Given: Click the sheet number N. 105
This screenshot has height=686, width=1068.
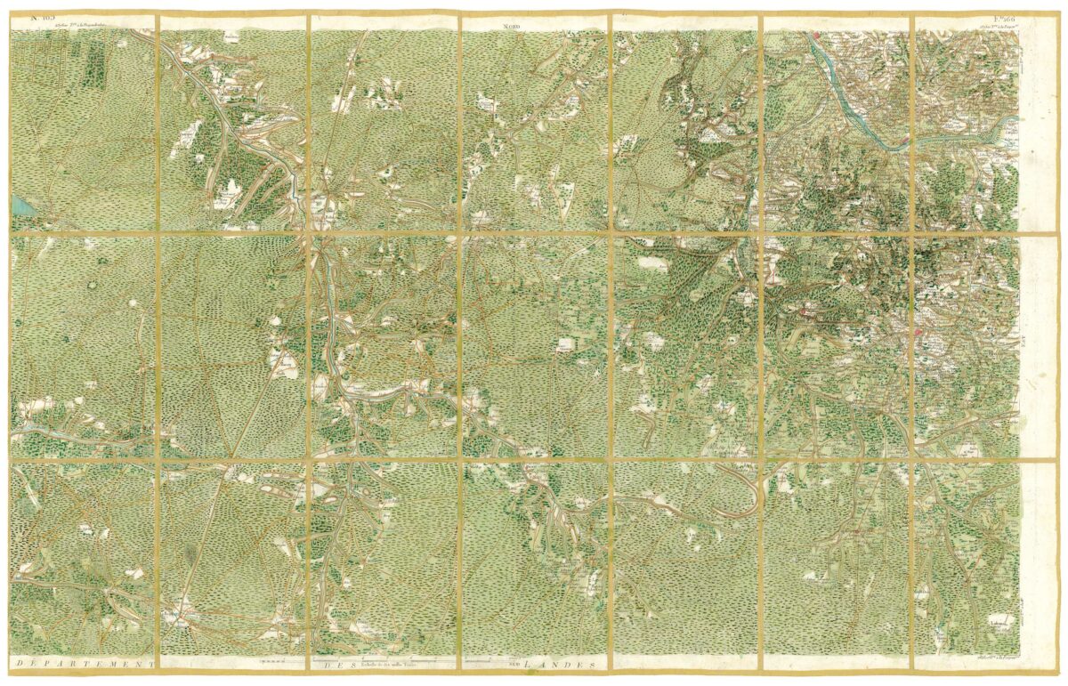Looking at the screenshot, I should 42,15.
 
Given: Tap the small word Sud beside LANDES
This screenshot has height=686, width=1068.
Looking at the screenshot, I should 514,664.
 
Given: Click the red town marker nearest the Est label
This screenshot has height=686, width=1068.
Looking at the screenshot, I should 918,333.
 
